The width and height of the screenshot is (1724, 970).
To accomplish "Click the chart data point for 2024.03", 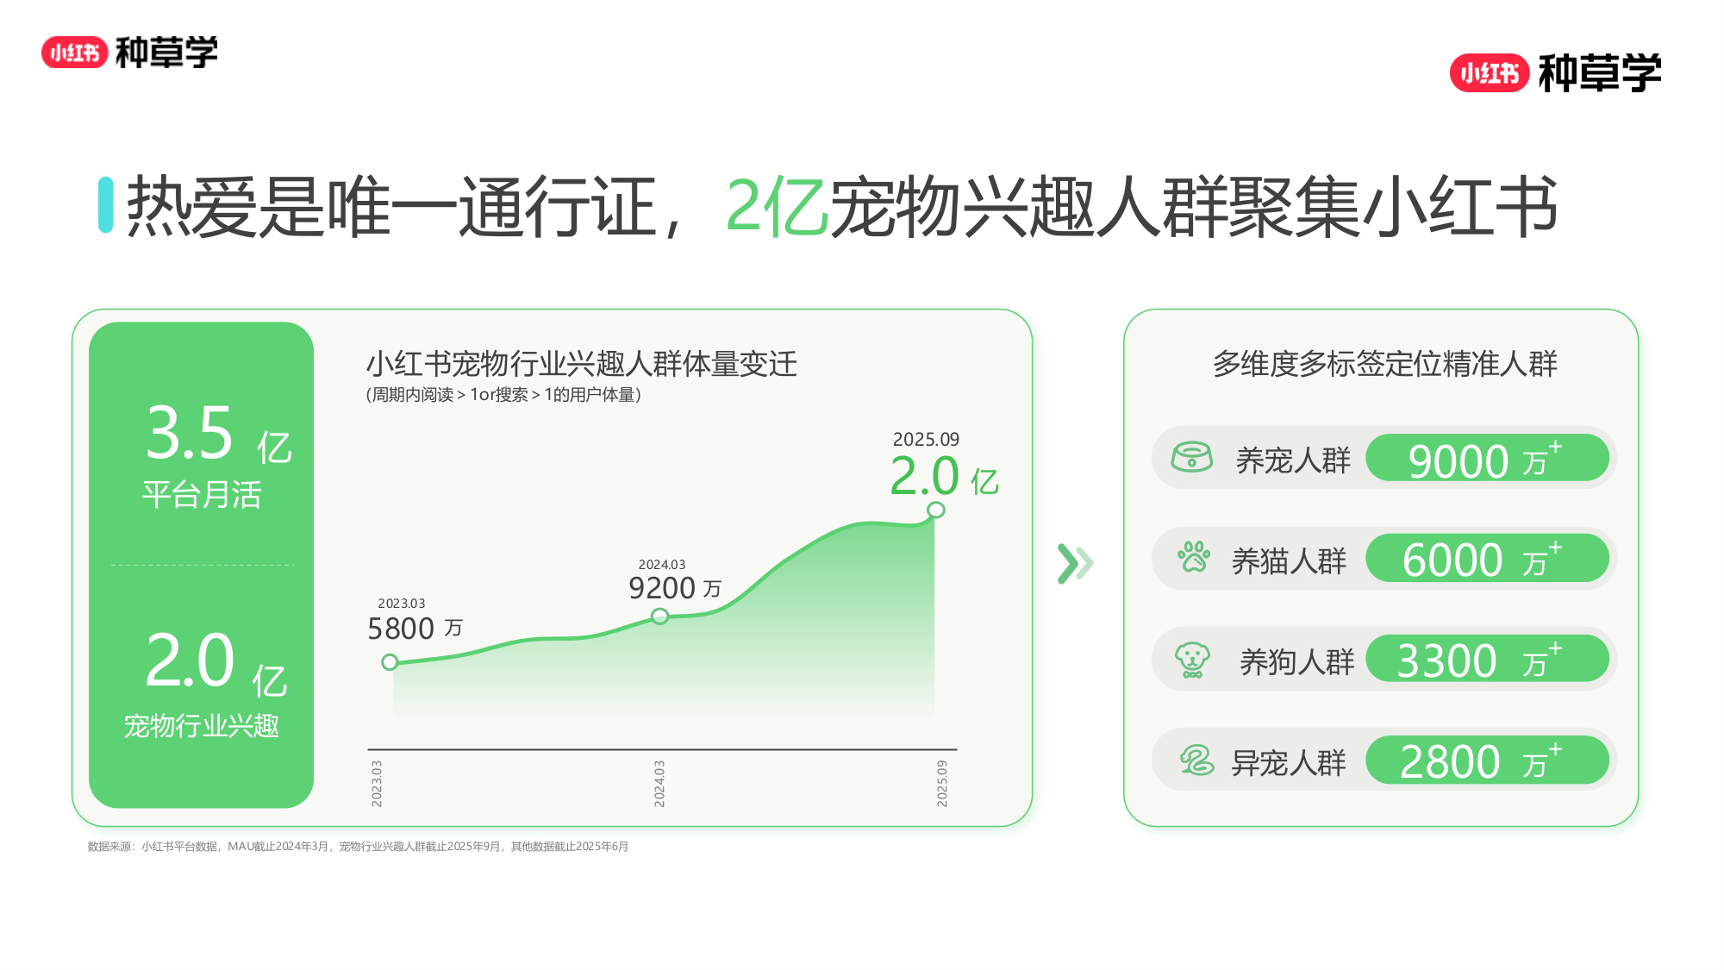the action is (x=659, y=616).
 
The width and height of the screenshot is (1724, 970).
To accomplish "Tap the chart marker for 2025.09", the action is (x=935, y=510).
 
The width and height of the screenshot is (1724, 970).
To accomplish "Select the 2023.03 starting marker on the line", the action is (x=390, y=662).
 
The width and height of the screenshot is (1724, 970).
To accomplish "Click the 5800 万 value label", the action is (x=415, y=629).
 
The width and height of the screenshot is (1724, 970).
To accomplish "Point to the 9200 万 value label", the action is (x=675, y=588).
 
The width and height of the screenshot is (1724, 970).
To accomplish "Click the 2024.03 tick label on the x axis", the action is (x=659, y=783).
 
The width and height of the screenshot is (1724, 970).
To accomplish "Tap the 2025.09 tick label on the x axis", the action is (x=942, y=783).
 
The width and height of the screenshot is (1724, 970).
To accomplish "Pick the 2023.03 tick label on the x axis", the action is (x=377, y=783).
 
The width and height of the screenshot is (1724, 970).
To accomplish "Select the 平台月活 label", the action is (x=202, y=495).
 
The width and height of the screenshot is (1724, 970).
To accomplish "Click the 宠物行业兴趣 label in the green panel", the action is (x=202, y=726).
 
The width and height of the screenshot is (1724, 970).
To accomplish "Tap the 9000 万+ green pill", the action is (x=1487, y=458).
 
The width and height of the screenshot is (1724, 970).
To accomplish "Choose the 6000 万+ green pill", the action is (x=1487, y=558).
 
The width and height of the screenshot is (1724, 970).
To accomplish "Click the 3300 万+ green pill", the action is (x=1487, y=659).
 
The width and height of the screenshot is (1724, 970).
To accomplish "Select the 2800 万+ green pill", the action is (x=1487, y=760).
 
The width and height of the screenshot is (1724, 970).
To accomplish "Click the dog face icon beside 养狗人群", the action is (x=1192, y=660).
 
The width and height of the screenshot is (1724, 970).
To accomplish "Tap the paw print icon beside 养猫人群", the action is (x=1194, y=557).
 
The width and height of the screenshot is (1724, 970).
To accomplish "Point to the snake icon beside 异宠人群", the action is (x=1196, y=760).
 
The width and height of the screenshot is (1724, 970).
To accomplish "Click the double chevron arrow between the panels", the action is (x=1075, y=564).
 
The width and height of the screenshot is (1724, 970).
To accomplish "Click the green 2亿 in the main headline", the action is (x=777, y=207).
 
